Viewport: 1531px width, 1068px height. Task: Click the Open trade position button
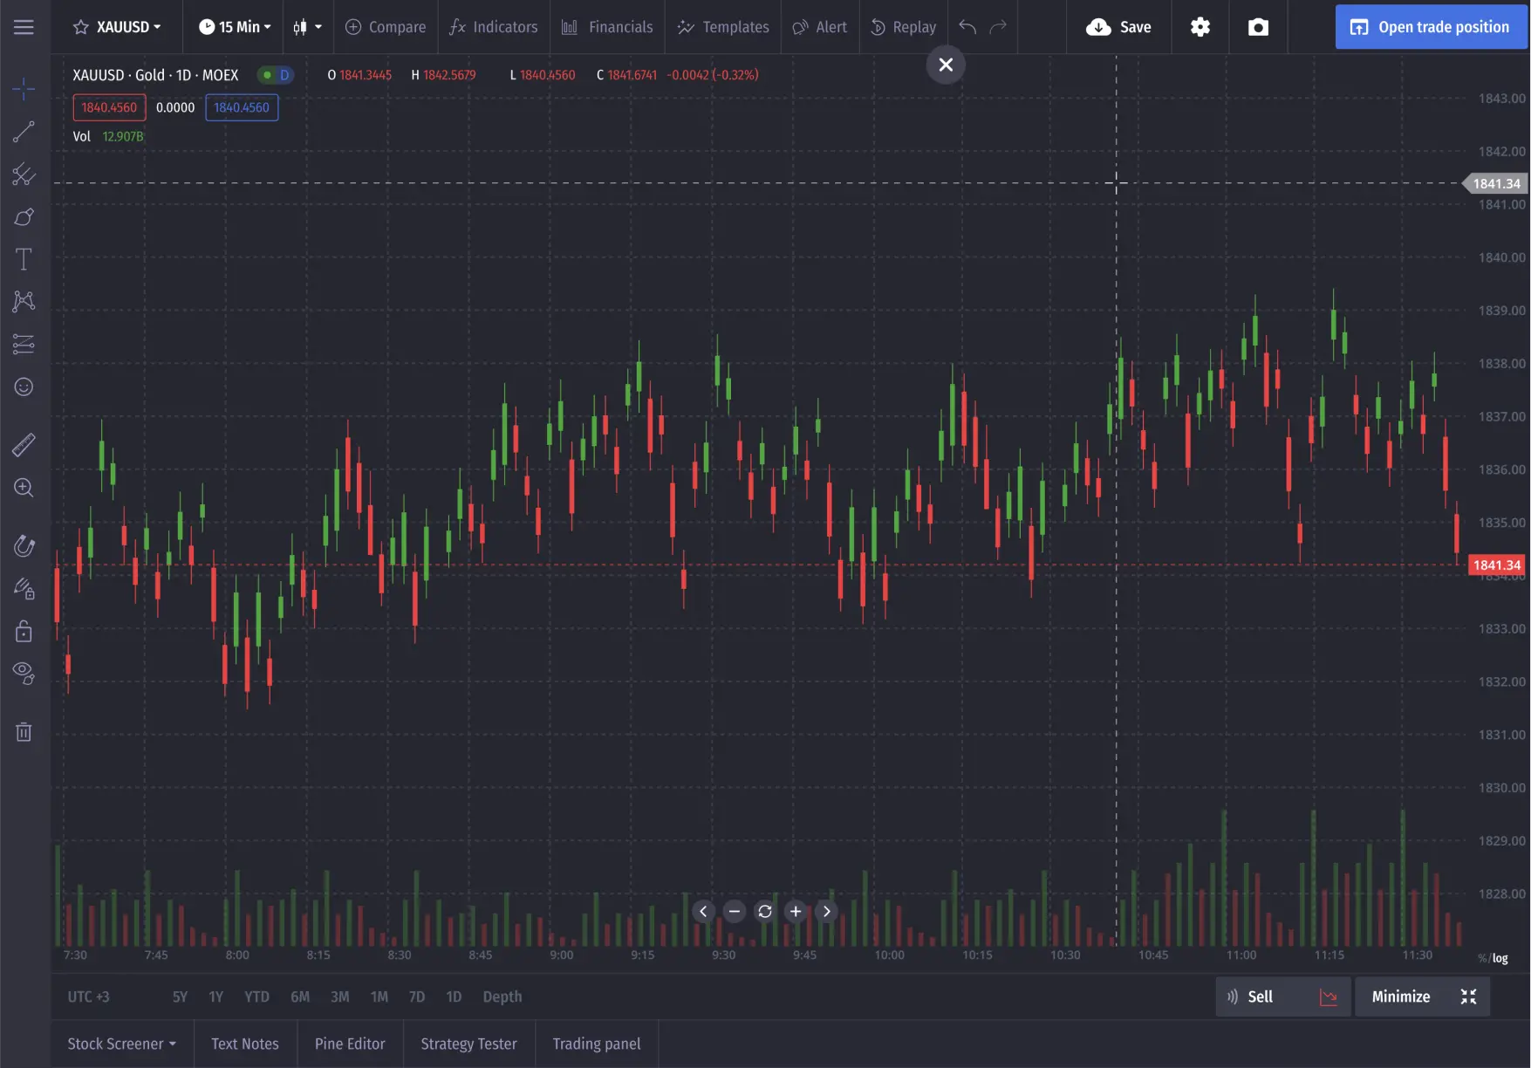point(1431,27)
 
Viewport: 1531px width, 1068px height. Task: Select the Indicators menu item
point(494,27)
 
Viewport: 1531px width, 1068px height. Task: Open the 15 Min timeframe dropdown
point(235,27)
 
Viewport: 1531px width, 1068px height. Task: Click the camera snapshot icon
point(1258,27)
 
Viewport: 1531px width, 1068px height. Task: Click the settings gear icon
point(1200,27)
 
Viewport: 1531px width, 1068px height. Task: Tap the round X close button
point(946,65)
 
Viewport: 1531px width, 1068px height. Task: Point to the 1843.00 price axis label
point(1501,99)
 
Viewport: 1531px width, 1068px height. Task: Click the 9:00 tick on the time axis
point(562,955)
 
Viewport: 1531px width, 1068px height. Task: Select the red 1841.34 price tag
point(1496,565)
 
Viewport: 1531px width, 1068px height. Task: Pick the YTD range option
point(256,996)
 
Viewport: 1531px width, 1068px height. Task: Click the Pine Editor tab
point(350,1044)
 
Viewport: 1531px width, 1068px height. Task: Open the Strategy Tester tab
point(468,1044)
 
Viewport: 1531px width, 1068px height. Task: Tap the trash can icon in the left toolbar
point(24,732)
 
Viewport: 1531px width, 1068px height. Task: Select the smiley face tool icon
point(24,387)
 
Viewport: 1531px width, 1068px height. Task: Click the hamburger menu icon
point(24,27)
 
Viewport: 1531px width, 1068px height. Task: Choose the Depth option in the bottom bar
point(502,996)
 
